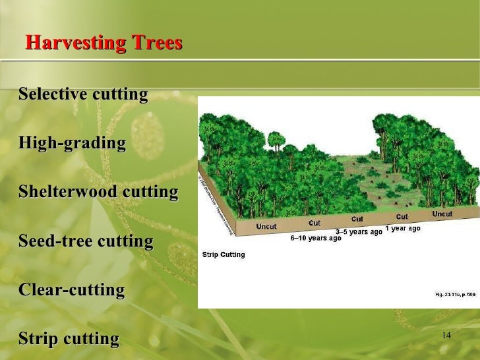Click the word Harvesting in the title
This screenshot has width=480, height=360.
[x=68, y=44]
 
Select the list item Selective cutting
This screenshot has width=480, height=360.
[x=83, y=94]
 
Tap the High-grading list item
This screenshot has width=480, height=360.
[x=72, y=143]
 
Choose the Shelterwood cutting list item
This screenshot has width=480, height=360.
[x=98, y=192]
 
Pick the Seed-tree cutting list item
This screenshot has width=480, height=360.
[x=86, y=241]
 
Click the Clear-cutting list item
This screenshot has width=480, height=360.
[x=72, y=289]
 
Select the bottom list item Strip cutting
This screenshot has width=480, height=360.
[x=69, y=339]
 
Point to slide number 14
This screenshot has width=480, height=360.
[x=446, y=336]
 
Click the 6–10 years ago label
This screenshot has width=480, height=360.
[x=316, y=238]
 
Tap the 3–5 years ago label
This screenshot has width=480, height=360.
[x=359, y=232]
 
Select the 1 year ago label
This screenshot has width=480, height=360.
[x=402, y=228]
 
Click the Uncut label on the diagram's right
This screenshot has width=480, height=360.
[x=442, y=214]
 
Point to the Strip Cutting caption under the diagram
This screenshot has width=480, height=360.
[x=224, y=255]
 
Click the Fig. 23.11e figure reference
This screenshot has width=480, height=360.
[x=456, y=294]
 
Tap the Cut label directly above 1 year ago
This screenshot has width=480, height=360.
[x=402, y=216]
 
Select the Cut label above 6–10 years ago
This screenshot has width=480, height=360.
[x=315, y=223]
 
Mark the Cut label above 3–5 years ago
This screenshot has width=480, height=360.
[x=357, y=219]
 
